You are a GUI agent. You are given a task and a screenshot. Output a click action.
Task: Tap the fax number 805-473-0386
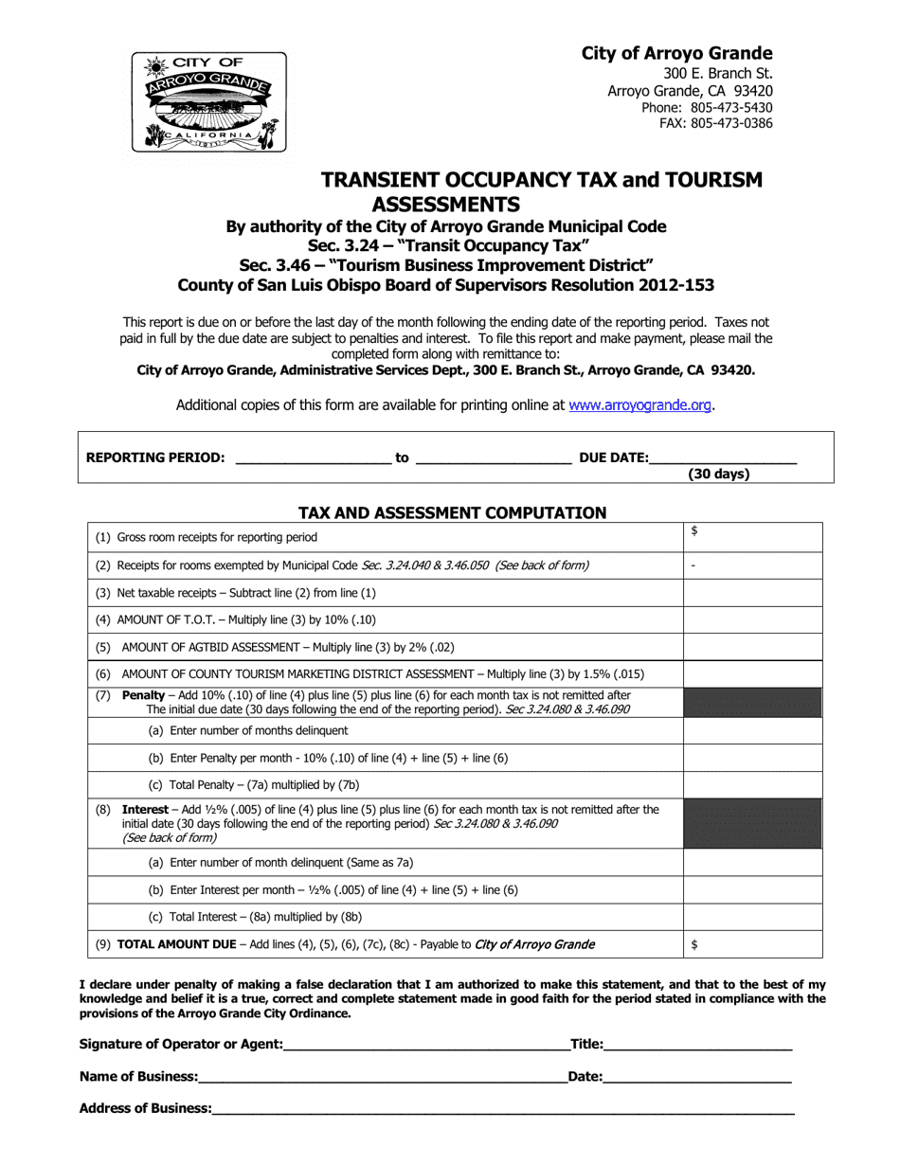pyautogui.click(x=730, y=123)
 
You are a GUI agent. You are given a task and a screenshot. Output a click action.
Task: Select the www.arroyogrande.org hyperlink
pyautogui.click(x=640, y=404)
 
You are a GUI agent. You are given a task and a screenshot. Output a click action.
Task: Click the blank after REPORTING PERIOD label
pyautogui.click(x=312, y=457)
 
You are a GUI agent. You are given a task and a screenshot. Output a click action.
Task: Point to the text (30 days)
pyautogui.click(x=718, y=474)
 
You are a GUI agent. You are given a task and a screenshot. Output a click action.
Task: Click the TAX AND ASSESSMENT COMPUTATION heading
pyautogui.click(x=452, y=512)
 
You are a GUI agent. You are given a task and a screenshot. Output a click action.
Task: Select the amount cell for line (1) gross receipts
pyautogui.click(x=752, y=537)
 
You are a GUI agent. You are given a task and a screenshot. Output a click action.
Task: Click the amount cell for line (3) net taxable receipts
pyautogui.click(x=752, y=593)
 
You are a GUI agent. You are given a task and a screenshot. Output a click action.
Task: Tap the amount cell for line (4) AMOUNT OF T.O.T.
pyautogui.click(x=752, y=620)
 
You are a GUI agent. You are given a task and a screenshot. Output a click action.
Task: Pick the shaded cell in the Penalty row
pyautogui.click(x=752, y=703)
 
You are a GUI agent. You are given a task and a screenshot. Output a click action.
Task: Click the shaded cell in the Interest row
pyautogui.click(x=752, y=823)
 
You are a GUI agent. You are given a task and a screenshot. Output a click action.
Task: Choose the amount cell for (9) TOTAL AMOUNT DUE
pyautogui.click(x=752, y=944)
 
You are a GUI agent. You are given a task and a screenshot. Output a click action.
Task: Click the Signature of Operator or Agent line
pyautogui.click(x=425, y=1045)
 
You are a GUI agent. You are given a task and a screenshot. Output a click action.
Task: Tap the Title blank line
pyautogui.click(x=697, y=1045)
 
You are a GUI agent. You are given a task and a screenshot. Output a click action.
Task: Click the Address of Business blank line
pyautogui.click(x=502, y=1108)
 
